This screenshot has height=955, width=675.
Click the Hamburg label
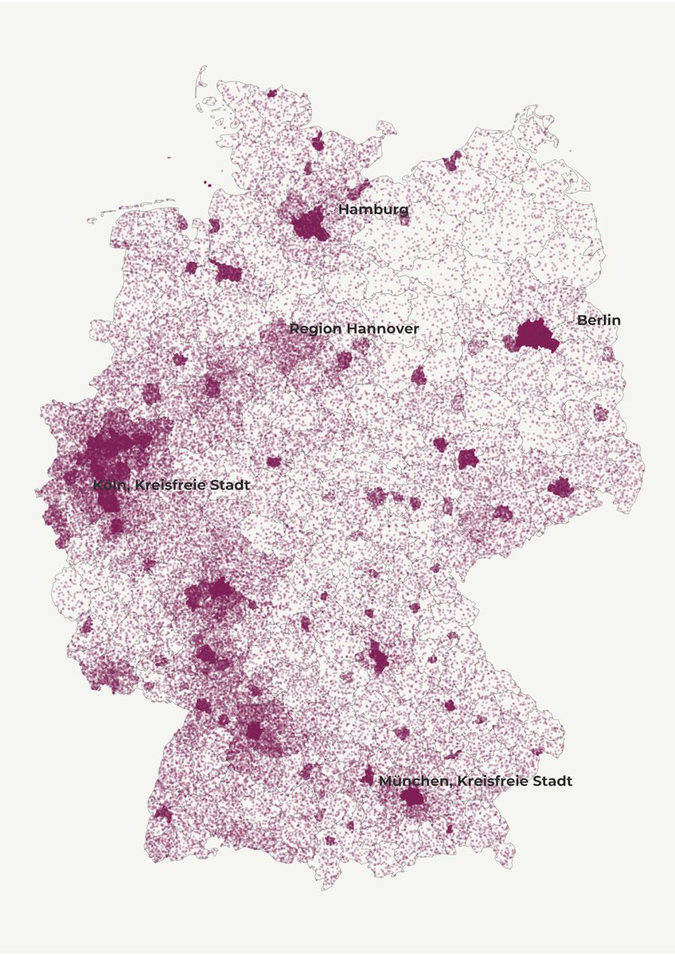click(x=373, y=209)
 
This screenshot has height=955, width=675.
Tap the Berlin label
click(x=599, y=320)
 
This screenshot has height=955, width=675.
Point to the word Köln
click(x=108, y=485)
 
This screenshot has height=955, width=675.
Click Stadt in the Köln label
click(x=228, y=485)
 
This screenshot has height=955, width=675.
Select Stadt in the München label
click(x=552, y=781)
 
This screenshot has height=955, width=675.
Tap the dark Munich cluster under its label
click(x=413, y=797)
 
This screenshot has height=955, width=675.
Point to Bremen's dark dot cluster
click(x=227, y=273)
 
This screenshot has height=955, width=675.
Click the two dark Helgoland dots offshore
click(x=207, y=184)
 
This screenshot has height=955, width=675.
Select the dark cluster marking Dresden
click(x=560, y=487)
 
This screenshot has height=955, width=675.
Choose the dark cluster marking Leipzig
click(x=467, y=458)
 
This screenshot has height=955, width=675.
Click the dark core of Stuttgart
click(x=254, y=731)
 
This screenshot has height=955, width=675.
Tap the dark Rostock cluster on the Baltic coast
click(x=451, y=162)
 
